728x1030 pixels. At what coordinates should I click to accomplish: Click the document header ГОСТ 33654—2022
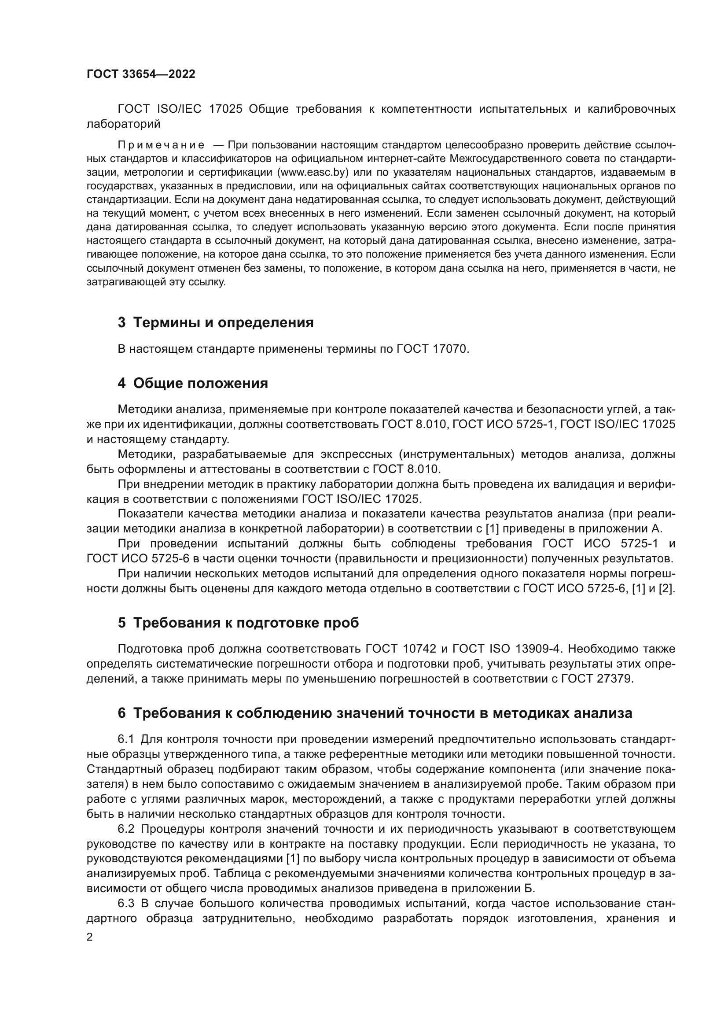click(141, 74)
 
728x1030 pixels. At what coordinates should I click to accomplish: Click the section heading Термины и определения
click(223, 322)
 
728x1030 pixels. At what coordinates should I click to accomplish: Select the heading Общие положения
click(200, 383)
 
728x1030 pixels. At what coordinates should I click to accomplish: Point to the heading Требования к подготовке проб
click(246, 623)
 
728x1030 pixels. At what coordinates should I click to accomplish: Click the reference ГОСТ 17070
click(432, 349)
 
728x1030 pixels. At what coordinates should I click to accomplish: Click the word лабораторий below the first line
click(123, 124)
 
